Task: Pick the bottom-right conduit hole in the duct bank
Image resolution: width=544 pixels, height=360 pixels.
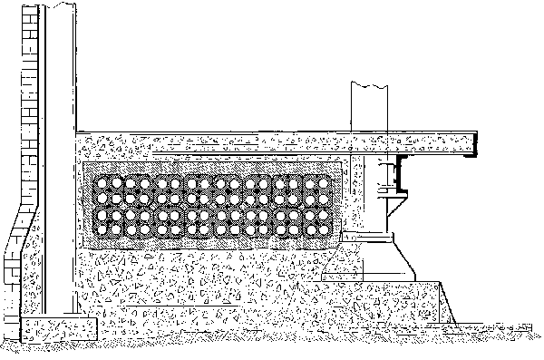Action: [324, 229]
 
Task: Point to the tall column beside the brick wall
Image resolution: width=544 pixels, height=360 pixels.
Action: [60, 163]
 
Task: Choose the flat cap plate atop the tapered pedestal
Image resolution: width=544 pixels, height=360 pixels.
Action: [372, 238]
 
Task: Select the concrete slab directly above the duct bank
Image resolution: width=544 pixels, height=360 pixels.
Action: [227, 143]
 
